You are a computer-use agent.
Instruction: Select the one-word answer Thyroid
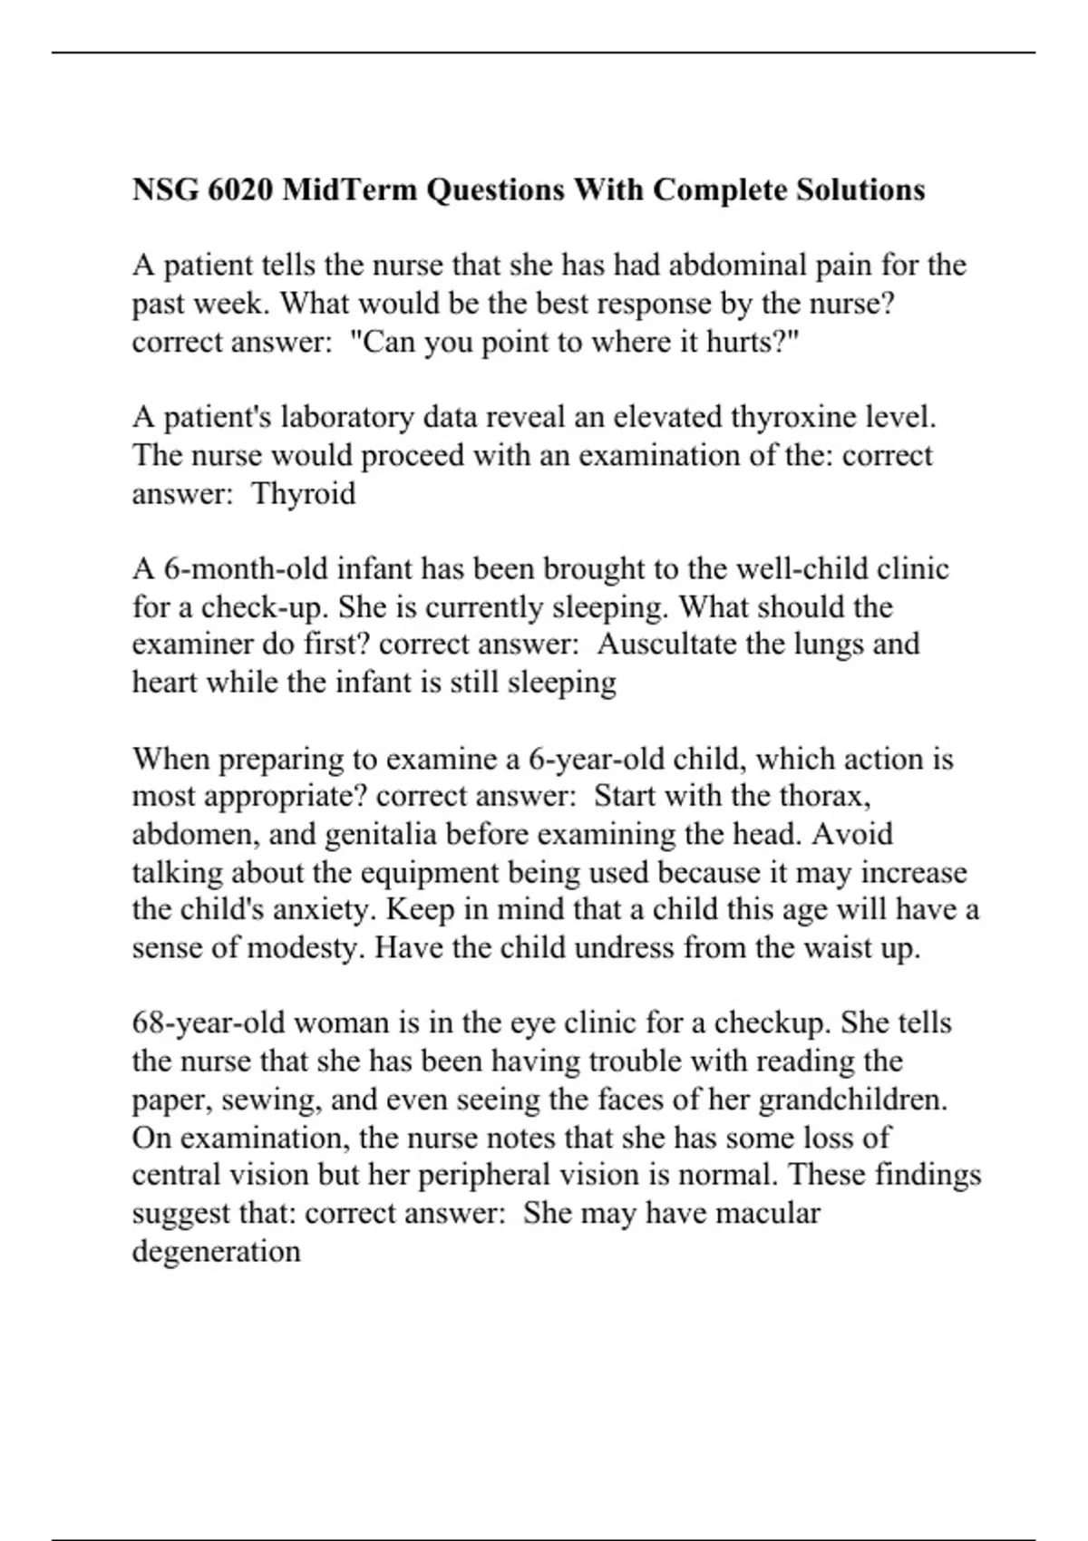(303, 494)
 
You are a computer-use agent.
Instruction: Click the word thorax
(824, 797)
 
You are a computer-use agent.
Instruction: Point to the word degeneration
(216, 1252)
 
